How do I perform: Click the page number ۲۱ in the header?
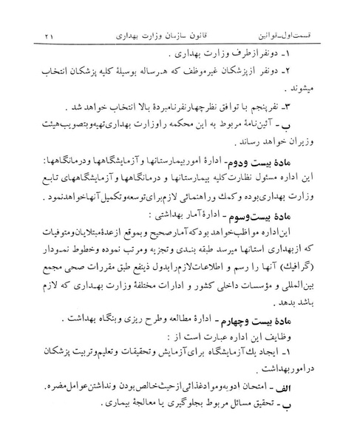pyautogui.click(x=49, y=35)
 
